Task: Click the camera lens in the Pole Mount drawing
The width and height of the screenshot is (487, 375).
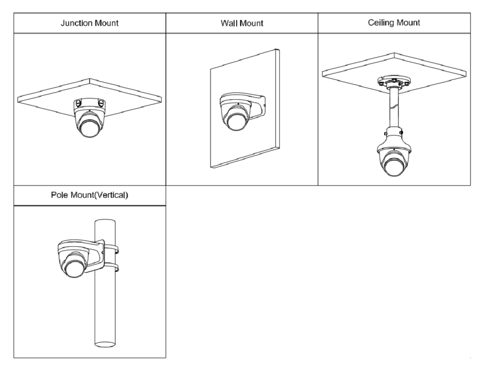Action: tap(73, 270)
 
